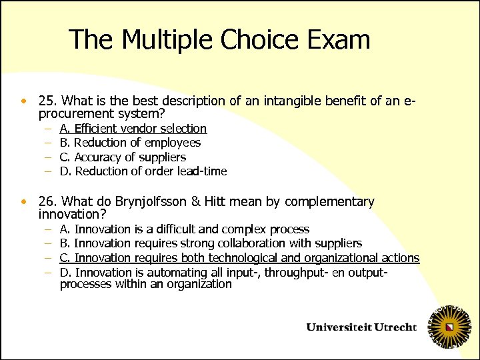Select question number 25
tap(47, 101)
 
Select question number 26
tap(47, 201)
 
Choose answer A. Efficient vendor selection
tap(133, 128)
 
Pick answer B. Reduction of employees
tap(130, 143)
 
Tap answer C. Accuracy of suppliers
tap(123, 157)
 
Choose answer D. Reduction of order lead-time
tap(143, 171)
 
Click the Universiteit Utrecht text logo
tap(361, 327)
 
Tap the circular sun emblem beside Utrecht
tap(451, 327)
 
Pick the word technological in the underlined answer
tap(250, 258)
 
